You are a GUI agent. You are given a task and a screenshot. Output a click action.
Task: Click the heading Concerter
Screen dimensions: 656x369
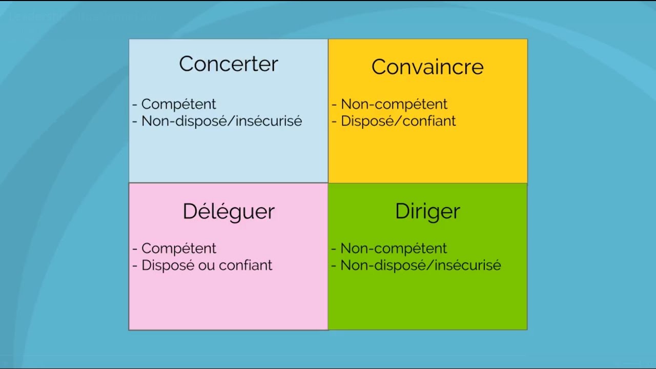click(229, 64)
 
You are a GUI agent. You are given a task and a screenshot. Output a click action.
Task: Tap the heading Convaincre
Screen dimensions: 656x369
click(427, 67)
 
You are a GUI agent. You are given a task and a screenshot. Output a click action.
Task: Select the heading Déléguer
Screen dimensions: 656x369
click(229, 212)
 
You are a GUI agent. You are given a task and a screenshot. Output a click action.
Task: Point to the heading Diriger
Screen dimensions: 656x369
click(427, 212)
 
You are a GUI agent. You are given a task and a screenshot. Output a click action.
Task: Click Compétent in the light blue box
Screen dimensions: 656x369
click(178, 104)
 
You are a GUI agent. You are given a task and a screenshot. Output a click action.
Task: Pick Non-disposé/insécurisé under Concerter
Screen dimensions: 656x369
click(221, 121)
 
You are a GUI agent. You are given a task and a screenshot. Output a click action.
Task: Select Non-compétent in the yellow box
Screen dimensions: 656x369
click(394, 104)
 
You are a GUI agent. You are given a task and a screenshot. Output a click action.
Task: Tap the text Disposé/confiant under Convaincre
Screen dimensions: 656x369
click(398, 121)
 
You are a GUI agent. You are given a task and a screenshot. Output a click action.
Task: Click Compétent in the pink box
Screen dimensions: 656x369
click(178, 249)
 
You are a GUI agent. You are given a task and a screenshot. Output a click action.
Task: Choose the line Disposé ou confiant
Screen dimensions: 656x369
click(207, 265)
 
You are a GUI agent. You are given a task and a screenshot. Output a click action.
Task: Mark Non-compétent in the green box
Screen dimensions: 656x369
click(394, 249)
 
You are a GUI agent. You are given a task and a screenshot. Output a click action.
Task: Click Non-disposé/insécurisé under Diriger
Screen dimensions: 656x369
click(420, 265)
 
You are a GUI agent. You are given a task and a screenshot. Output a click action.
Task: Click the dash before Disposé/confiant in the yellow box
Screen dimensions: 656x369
click(334, 121)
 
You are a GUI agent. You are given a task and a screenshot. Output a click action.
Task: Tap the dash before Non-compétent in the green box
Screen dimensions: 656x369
click(334, 249)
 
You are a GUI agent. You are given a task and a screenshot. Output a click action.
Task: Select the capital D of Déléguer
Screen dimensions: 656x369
click(190, 212)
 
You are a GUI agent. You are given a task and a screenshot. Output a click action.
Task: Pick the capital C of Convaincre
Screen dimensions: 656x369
click(379, 67)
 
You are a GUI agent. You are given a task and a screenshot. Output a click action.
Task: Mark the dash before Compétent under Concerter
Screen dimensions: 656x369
click(135, 105)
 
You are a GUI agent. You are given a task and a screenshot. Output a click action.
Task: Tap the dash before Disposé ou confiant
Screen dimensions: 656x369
click(135, 266)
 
